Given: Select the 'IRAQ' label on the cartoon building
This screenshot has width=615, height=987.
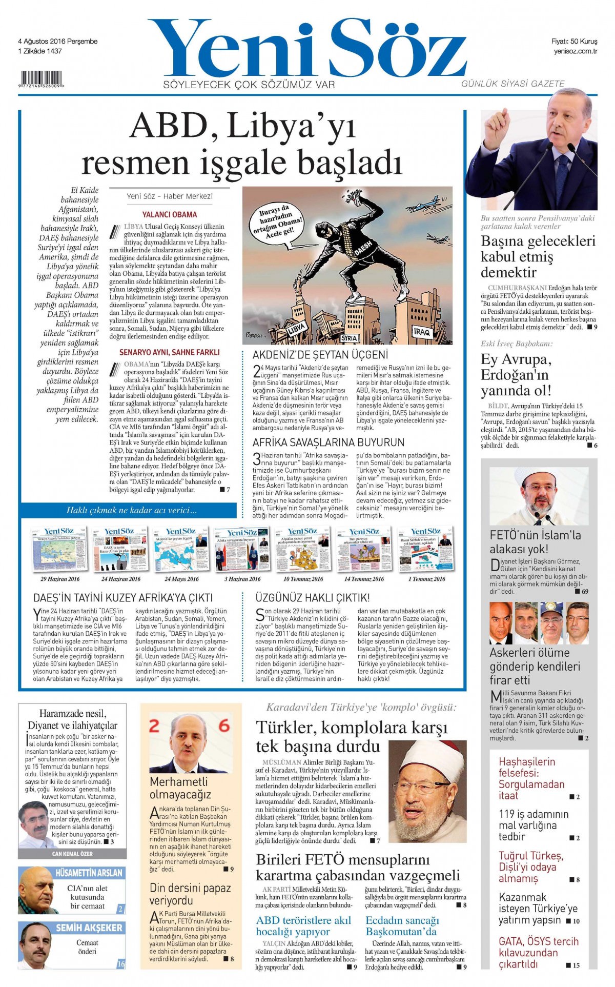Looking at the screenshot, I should click(421, 332).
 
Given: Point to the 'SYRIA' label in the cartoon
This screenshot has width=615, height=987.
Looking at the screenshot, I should click(348, 338).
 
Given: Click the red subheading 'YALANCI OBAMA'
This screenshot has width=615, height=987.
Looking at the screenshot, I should click(169, 214).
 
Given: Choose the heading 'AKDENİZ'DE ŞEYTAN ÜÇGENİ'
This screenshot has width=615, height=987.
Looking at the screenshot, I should click(320, 354).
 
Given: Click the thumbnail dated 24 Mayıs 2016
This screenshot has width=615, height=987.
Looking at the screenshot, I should click(181, 549).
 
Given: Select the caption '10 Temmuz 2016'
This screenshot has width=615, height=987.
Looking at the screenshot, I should click(303, 579).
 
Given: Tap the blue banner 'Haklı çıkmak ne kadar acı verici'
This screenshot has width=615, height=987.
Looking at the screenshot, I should click(131, 510).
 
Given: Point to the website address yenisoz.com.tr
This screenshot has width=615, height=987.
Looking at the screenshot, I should click(576, 51).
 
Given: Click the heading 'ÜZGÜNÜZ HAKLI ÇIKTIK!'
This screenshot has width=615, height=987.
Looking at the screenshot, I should click(312, 597).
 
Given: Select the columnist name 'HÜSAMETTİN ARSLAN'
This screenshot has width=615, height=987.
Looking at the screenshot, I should click(89, 873).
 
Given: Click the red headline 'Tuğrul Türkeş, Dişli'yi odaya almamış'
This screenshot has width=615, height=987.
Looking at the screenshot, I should click(531, 867).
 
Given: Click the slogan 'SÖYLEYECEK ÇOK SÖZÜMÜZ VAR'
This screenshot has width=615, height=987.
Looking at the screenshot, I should click(249, 85).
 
